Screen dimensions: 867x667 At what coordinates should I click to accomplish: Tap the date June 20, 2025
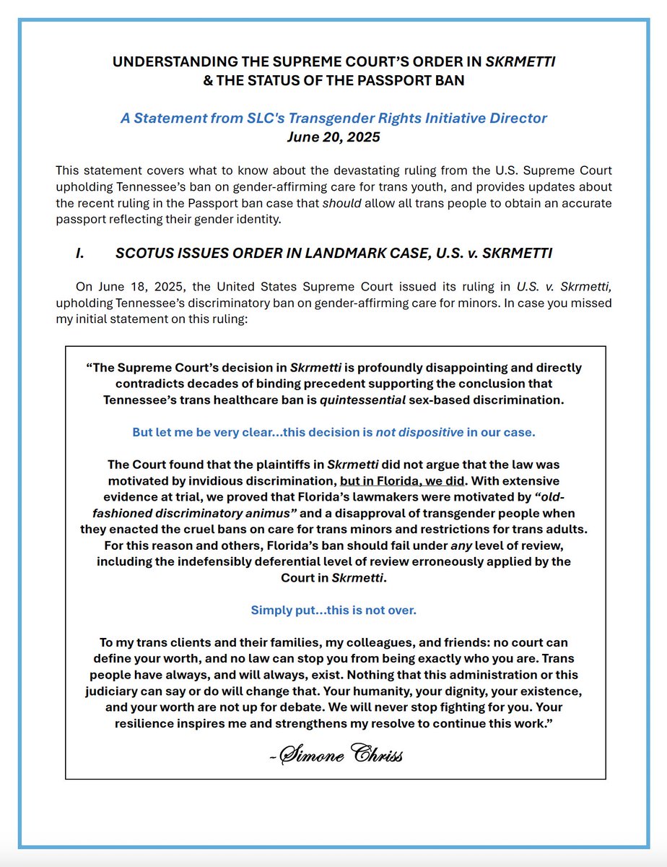(x=333, y=135)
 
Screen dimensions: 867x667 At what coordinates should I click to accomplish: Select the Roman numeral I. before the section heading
(x=81, y=253)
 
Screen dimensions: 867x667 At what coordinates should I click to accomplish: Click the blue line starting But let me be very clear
(x=333, y=432)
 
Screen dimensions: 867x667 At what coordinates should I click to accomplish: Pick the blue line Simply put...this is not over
(x=333, y=610)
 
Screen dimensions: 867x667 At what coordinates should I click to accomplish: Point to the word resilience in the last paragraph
(x=147, y=722)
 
